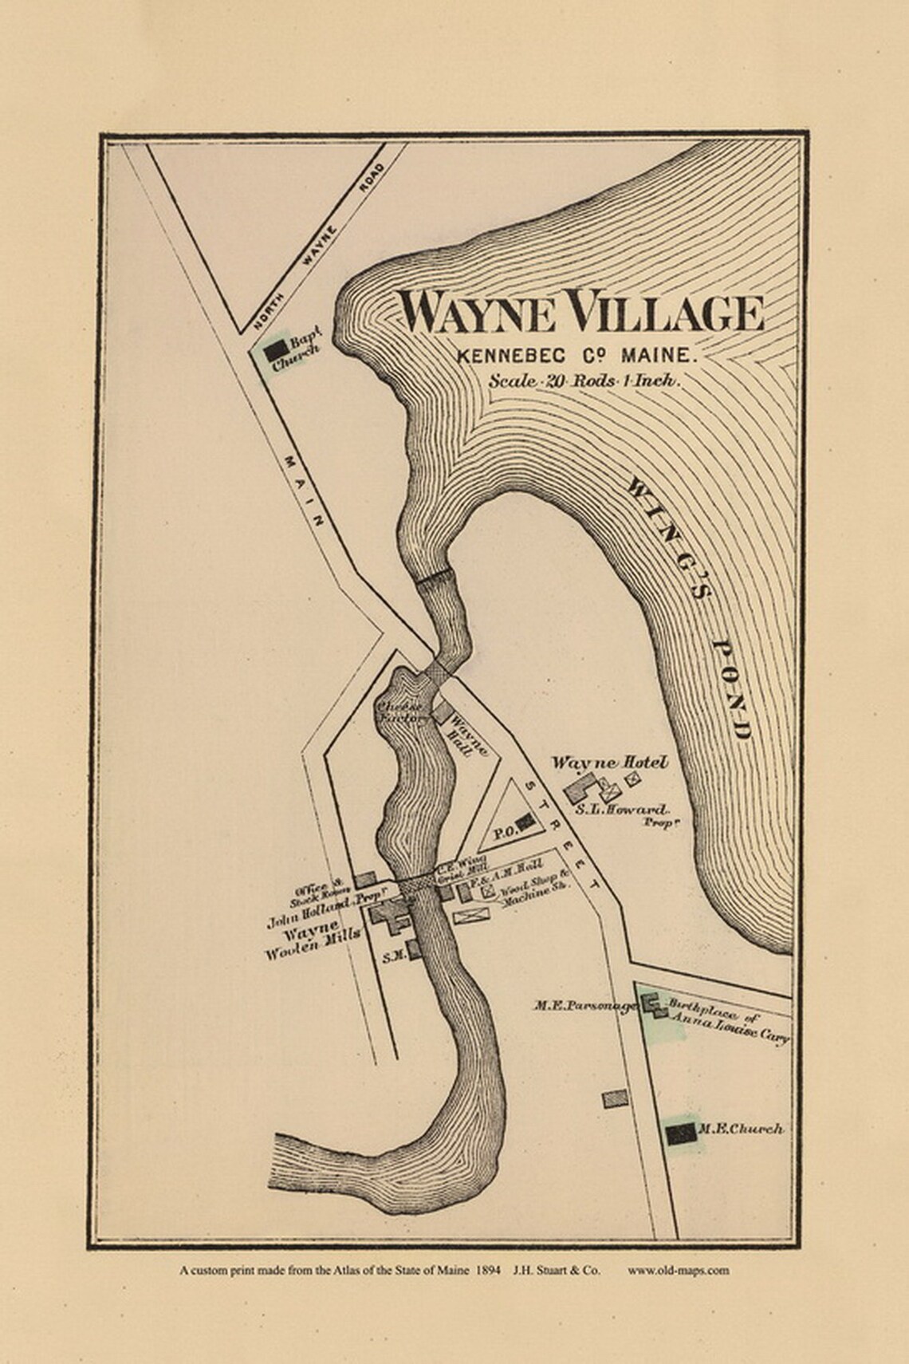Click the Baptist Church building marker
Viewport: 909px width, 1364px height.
pyautogui.click(x=275, y=349)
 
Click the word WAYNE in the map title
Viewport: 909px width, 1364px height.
pyautogui.click(x=478, y=313)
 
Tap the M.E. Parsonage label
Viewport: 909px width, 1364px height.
pyautogui.click(x=585, y=1007)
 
